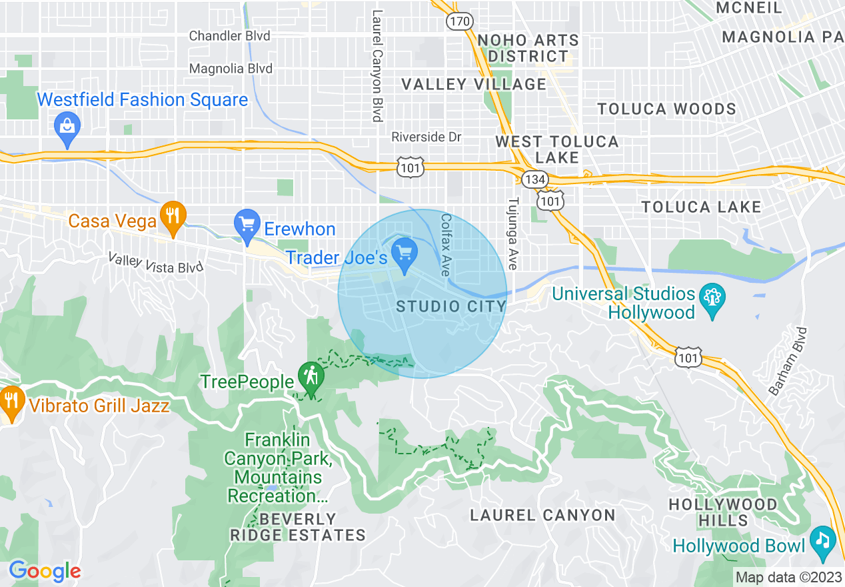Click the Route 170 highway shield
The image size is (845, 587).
459,22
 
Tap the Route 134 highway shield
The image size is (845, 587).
534,179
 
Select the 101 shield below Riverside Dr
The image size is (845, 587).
410,168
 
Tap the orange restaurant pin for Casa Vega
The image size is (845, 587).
173,217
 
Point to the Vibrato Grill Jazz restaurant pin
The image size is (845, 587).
11,402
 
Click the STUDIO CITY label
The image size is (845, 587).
451,306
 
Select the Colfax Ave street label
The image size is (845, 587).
446,245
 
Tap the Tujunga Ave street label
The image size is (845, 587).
512,233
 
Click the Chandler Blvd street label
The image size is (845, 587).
230,36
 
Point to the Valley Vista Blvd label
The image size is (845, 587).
155,263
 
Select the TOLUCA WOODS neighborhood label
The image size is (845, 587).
666,109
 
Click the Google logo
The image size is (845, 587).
45,571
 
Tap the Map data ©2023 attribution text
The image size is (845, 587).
787,577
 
